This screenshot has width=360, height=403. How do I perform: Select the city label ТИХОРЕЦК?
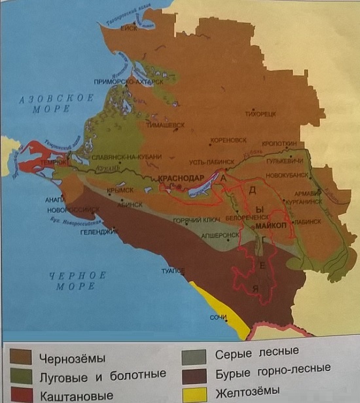tap(261, 113)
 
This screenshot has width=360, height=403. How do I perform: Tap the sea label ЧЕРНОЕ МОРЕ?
tap(77, 281)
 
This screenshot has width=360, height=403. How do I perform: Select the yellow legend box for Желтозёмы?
tap(195, 394)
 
